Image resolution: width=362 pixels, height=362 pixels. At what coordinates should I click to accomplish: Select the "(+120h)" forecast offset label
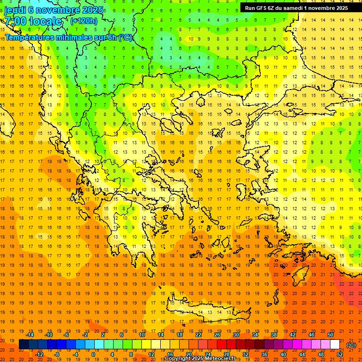point(83,21)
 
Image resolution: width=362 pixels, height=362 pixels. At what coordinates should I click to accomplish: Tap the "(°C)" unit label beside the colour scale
point(351,345)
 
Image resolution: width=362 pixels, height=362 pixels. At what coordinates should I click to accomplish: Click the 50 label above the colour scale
point(330,335)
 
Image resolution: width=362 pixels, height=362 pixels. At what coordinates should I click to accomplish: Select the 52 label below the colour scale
point(339,354)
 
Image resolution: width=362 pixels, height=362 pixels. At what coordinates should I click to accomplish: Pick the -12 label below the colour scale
point(40,354)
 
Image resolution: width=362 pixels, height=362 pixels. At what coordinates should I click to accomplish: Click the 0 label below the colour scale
point(93,354)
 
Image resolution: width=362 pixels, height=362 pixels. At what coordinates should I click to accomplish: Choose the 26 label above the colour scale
point(217,335)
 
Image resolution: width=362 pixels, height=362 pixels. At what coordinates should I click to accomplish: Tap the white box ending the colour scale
point(335,345)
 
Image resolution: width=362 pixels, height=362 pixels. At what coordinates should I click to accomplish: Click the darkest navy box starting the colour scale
point(24,345)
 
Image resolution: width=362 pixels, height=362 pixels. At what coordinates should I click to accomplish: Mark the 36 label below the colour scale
point(264,354)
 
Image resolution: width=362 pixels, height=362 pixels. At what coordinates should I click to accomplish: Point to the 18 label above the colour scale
point(180,335)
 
